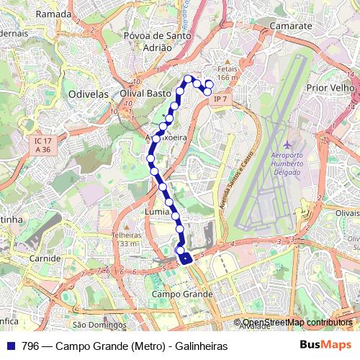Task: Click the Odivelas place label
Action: [87, 94]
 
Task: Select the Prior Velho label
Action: [332, 87]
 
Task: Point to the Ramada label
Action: [54, 14]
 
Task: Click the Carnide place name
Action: [45, 258]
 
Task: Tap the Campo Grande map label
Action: [183, 294]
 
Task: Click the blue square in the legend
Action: [11, 346]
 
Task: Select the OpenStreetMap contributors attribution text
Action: [297, 323]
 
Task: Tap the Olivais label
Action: [347, 213]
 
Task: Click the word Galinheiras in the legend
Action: [201, 346]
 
